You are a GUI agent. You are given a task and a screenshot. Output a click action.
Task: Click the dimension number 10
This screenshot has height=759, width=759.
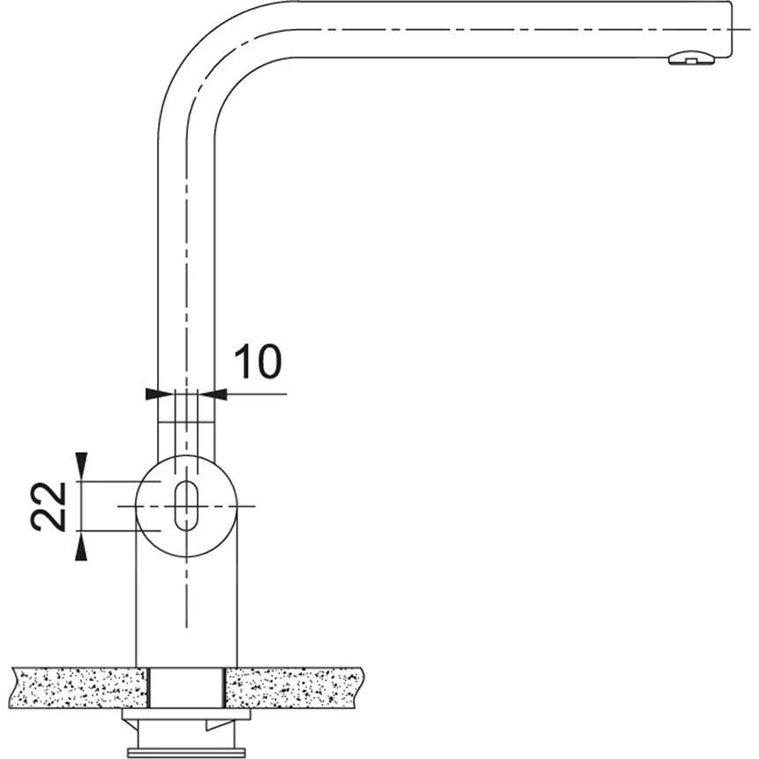click(257, 361)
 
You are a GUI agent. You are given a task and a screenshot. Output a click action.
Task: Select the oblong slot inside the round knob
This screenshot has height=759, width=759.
click(185, 507)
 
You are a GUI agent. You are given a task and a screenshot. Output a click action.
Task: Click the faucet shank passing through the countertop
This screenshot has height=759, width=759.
click(186, 688)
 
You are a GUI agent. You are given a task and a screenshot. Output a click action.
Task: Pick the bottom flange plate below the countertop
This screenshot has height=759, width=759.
click(185, 751)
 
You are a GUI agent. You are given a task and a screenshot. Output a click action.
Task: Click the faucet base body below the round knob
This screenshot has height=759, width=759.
click(185, 609)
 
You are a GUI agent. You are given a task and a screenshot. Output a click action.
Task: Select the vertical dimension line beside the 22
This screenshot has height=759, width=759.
click(81, 506)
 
